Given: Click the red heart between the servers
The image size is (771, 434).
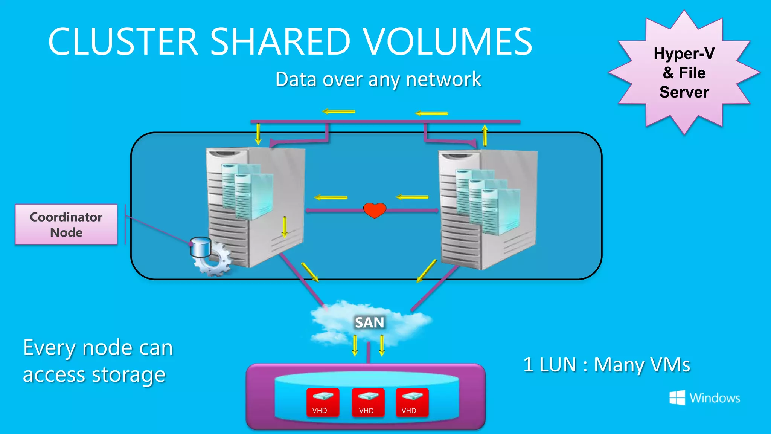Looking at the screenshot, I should [375, 210].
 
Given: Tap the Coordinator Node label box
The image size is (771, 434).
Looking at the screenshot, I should [66, 225].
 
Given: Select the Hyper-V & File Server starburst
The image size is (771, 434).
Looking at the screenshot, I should [684, 73].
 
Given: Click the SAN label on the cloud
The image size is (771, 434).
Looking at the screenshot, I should [369, 322].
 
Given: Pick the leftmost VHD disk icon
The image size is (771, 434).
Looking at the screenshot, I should [323, 402].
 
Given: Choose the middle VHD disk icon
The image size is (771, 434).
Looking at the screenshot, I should [368, 402].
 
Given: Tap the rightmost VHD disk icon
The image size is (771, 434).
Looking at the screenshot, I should [412, 402].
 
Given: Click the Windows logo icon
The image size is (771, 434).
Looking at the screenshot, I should [677, 398].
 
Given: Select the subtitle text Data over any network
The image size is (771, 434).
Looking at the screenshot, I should [378, 79].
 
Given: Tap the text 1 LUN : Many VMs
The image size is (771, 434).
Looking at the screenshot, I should [606, 365].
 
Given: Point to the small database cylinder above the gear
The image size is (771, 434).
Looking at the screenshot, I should [200, 247].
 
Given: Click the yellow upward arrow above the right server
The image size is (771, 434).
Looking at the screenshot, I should [485, 135].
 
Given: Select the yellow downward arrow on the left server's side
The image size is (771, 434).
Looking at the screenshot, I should [285, 227].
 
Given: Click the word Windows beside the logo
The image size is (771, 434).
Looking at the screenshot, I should [715, 398].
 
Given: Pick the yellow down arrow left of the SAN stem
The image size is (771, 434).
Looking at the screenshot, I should [355, 345].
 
